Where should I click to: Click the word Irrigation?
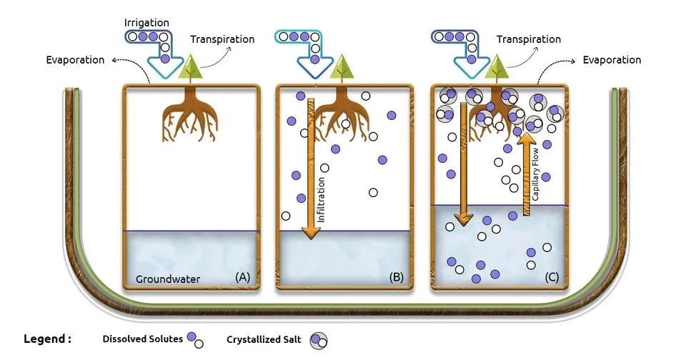point(146,24)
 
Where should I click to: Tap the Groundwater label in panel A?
point(168,279)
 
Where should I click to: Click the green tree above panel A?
point(190,69)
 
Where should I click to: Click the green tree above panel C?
point(493,69)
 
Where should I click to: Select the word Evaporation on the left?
point(74,60)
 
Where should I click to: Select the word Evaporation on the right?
point(612,60)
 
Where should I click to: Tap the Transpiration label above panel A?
point(222,39)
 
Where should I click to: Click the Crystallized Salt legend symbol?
point(318,341)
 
